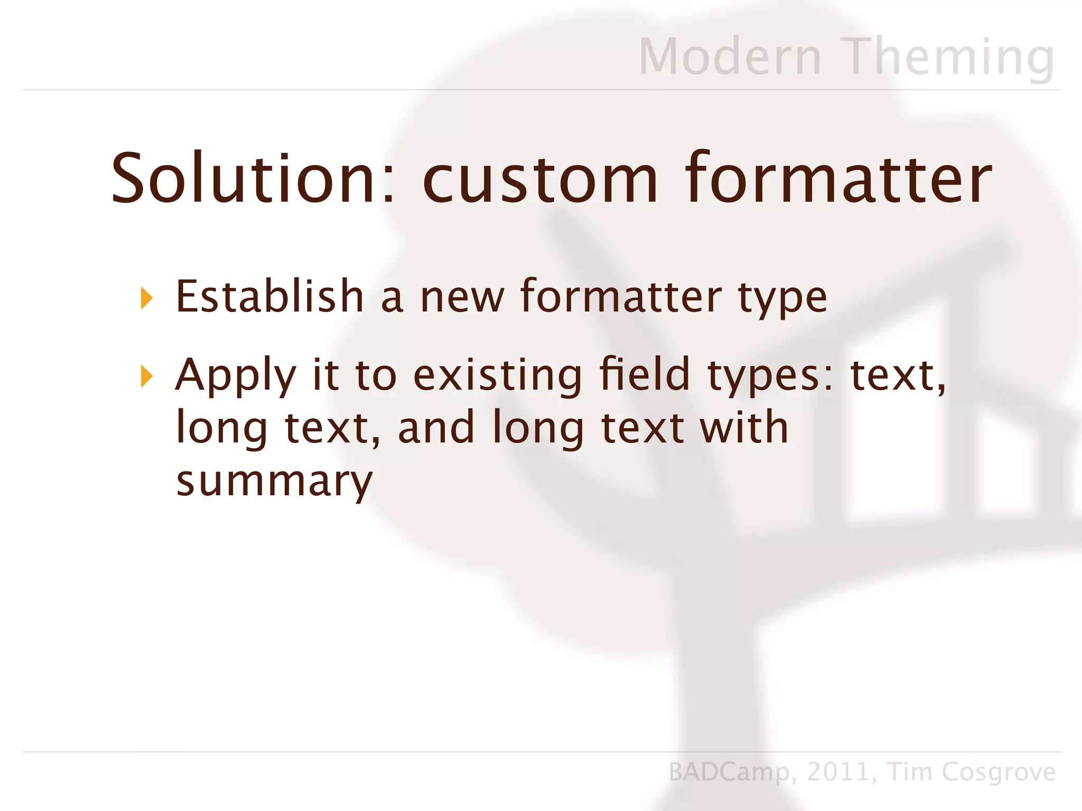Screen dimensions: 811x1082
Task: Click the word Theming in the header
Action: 949,58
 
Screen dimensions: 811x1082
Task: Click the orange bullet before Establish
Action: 147,298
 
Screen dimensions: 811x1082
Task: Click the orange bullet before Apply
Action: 147,377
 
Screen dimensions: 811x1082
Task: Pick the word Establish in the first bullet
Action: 269,296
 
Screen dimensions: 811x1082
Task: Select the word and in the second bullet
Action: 436,428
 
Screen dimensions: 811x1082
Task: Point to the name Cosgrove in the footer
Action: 998,772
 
